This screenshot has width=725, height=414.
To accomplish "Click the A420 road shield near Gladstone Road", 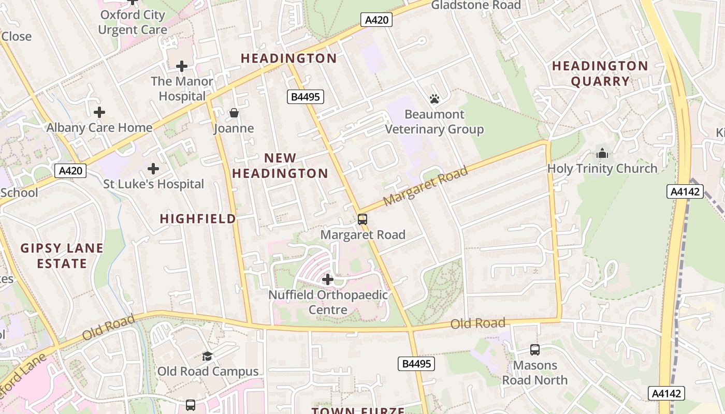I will [x=376, y=20].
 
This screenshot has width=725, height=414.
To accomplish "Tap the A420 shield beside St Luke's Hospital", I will [x=70, y=171].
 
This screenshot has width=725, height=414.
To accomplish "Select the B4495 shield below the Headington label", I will [x=306, y=96].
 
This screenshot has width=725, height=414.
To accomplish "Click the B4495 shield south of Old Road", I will [x=416, y=364].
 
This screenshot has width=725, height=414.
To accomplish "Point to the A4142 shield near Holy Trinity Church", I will [x=685, y=191].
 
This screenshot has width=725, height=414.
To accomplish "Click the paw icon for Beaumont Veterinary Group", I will [x=434, y=98].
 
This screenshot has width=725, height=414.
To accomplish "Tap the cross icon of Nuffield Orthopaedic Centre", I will [x=327, y=279].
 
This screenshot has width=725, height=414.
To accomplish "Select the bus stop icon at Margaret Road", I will [x=363, y=219].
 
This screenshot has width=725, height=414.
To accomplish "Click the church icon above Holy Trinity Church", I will [x=602, y=153].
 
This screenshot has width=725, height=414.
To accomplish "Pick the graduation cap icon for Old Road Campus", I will [x=207, y=356].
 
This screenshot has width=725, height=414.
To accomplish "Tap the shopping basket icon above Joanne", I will [x=234, y=113].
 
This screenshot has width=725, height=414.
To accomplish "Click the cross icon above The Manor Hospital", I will [x=181, y=66].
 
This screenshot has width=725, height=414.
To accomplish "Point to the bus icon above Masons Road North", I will [x=535, y=350].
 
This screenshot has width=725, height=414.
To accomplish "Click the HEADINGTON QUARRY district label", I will [x=600, y=73].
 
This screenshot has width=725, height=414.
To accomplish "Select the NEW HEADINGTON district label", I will [x=280, y=166].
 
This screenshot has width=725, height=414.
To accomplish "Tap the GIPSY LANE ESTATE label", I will [x=62, y=256].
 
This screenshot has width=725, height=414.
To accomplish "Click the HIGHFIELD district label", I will [x=198, y=219].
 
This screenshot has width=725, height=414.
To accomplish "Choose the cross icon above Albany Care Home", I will [x=99, y=112].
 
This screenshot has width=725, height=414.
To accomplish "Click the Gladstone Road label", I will [x=475, y=5].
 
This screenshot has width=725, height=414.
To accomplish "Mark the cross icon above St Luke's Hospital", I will [x=153, y=169].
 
